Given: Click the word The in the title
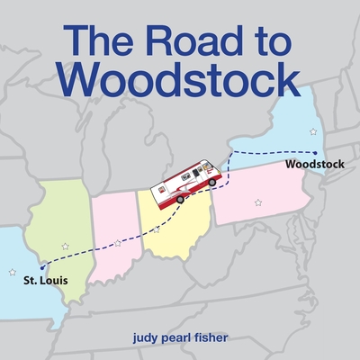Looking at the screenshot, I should click(101, 40).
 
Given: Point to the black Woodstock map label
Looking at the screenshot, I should click(315, 166).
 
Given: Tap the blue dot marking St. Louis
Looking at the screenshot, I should click(42, 266).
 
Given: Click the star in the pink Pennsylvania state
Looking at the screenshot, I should click(258, 202).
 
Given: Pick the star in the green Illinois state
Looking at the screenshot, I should click(65, 246).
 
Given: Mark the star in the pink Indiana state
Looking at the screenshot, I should click(118, 242).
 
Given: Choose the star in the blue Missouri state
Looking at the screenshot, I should click(12, 271).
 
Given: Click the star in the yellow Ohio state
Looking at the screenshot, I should click(157, 230).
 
